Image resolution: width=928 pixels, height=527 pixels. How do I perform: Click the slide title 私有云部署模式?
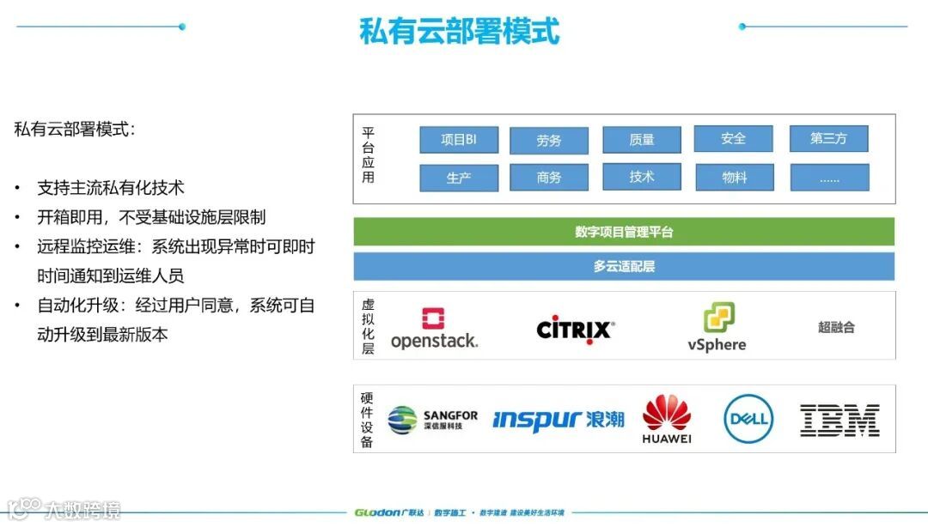(460, 32)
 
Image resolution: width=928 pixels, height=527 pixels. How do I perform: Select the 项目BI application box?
(459, 139)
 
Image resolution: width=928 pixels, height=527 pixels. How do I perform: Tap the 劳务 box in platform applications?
(548, 141)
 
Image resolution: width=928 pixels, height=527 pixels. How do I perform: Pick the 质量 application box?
(641, 139)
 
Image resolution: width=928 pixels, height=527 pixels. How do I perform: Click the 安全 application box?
(733, 138)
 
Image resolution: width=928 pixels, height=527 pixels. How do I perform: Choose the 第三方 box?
(828, 138)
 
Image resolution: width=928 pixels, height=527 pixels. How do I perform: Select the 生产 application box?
(459, 178)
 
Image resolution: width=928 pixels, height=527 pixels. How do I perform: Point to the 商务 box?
(548, 177)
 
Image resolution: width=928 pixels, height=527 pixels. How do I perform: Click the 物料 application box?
(733, 177)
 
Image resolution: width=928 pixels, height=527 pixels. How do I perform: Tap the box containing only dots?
(828, 178)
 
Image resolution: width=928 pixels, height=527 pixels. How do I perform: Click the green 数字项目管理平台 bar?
(624, 232)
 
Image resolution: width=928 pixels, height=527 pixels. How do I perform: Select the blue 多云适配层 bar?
(624, 266)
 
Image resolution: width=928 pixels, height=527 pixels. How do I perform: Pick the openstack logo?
(434, 329)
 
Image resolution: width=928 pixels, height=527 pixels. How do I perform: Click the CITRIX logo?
(576, 329)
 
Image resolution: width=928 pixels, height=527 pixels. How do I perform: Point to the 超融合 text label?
(836, 327)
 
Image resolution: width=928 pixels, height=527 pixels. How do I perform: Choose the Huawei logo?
(667, 419)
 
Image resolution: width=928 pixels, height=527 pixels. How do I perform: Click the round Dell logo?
(748, 419)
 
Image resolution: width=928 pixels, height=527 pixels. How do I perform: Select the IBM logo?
(839, 420)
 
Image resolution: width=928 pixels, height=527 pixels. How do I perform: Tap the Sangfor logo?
(432, 420)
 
